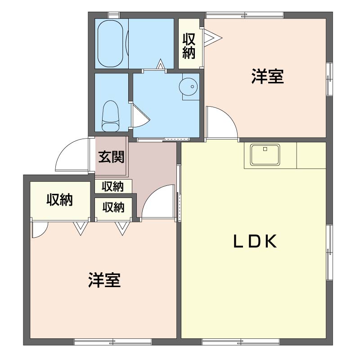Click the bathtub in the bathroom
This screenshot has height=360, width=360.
click(x=110, y=43)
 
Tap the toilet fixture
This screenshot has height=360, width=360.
click(x=111, y=116)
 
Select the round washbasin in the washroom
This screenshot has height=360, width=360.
click(x=188, y=86)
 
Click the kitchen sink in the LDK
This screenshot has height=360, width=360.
click(x=265, y=154)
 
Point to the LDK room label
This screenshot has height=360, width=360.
click(x=255, y=242)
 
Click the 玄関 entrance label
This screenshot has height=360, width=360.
click(x=111, y=157)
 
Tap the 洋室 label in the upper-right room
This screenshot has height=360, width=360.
click(x=267, y=76)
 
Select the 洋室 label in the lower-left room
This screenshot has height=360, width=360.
click(x=104, y=280)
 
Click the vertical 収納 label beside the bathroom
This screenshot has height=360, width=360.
click(x=189, y=46)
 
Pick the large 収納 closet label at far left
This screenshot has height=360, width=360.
click(x=60, y=200)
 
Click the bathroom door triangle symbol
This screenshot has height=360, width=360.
click(x=161, y=64)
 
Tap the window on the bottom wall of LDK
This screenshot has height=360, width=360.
click(x=241, y=342)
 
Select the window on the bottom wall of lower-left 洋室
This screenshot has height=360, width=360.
click(x=113, y=342)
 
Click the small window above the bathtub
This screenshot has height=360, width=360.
click(x=114, y=15)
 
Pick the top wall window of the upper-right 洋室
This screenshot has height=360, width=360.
click(x=245, y=15)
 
